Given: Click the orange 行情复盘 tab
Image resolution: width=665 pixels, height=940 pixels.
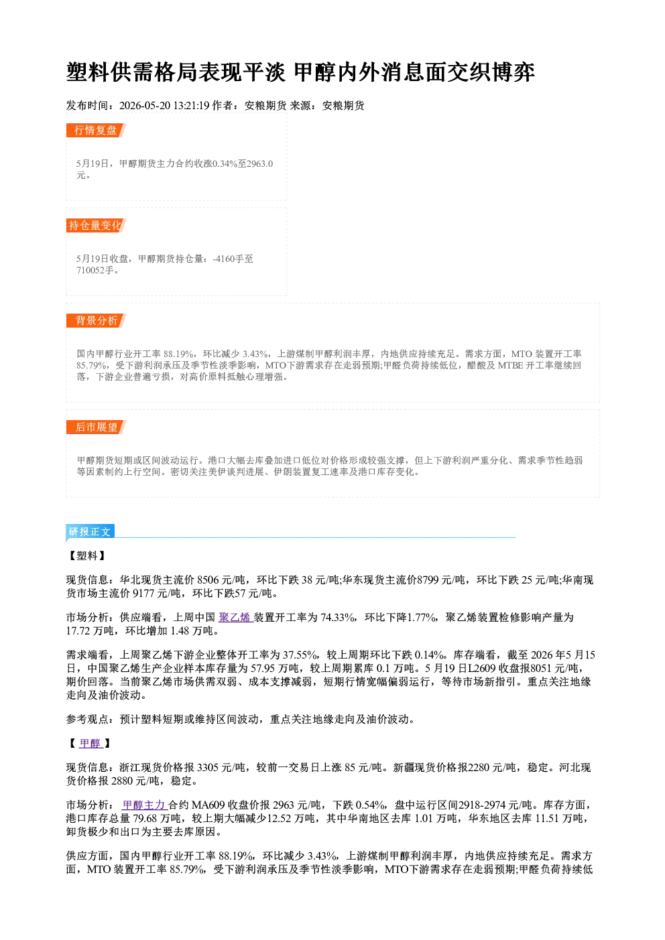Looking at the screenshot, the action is (96, 130).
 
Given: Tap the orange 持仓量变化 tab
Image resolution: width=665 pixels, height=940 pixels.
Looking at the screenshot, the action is (96, 225).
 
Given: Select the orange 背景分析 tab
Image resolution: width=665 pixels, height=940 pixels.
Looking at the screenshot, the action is (96, 321).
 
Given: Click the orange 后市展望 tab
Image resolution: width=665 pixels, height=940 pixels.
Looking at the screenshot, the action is (96, 427).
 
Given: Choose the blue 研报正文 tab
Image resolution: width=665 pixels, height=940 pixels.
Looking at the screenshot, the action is (90, 532).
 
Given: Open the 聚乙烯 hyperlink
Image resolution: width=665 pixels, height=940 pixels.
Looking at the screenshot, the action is (235, 617).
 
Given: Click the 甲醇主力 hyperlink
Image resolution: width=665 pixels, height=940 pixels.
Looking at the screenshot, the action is (144, 805).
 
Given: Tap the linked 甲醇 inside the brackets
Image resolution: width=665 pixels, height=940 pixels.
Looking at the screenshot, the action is (90, 744).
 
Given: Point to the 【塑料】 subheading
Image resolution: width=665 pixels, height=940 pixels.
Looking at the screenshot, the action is (86, 556).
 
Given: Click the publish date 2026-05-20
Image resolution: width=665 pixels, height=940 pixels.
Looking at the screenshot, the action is (145, 106).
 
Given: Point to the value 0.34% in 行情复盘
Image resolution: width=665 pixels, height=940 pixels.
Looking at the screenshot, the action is (225, 163).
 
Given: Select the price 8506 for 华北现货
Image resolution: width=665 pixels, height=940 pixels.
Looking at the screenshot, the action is (208, 580).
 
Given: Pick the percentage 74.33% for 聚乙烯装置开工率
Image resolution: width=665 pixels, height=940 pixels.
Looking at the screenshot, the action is (338, 617).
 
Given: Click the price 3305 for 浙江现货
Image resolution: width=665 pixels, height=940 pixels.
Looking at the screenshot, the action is (208, 768).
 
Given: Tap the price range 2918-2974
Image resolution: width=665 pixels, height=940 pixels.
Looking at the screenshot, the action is (482, 805).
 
